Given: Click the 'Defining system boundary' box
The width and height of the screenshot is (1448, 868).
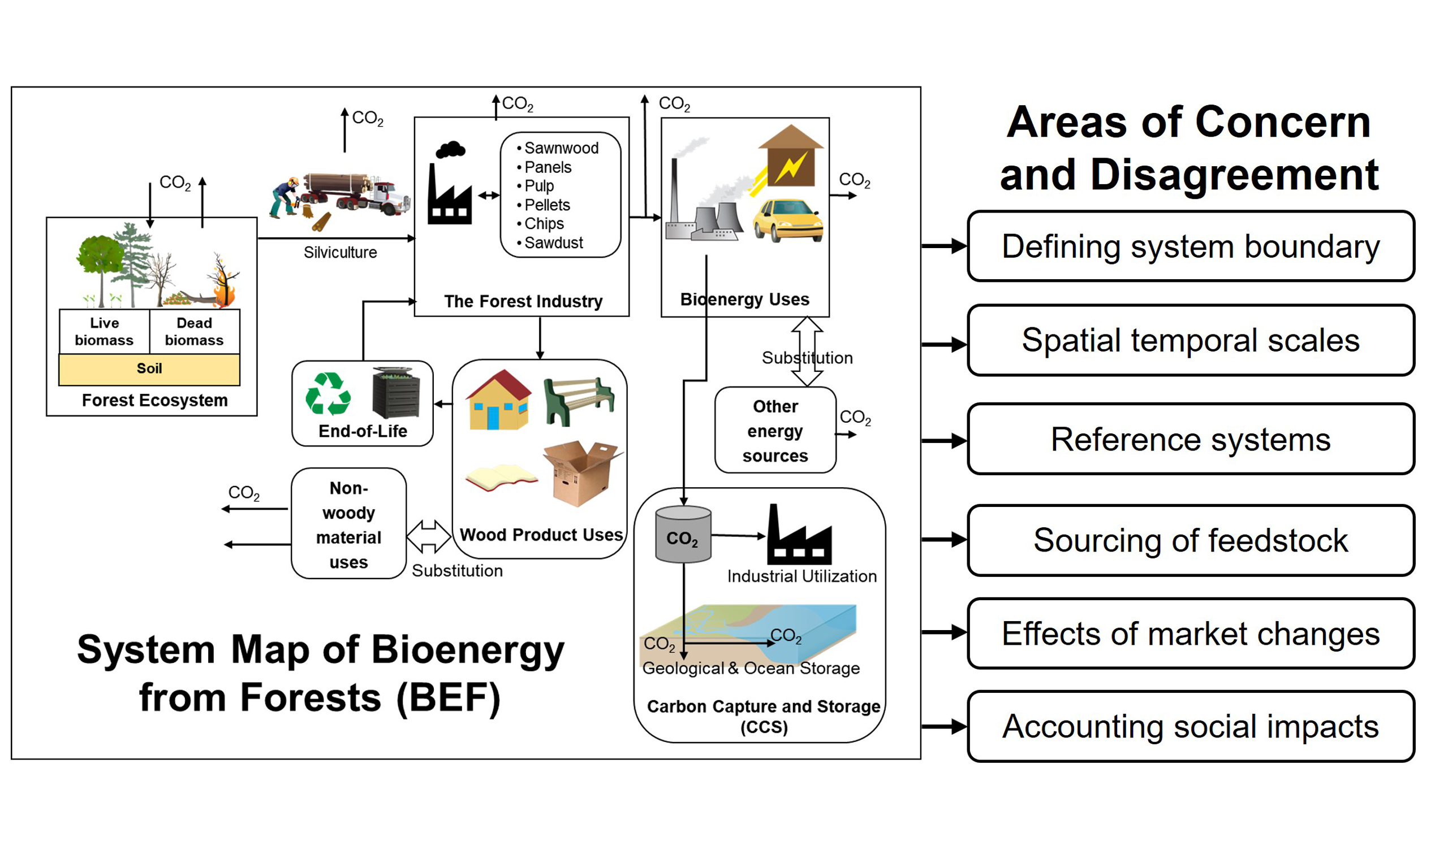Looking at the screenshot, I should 1190,246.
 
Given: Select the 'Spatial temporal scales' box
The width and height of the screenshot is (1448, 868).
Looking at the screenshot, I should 1190,340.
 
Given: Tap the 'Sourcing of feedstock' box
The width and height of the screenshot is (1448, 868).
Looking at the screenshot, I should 1190,540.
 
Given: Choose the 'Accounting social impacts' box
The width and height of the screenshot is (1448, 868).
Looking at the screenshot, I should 1190,727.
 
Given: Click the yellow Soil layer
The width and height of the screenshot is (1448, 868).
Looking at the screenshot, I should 149,369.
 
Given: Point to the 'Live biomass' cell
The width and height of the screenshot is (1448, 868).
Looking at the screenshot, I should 104,332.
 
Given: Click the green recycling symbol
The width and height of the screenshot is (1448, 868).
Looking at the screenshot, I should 329,394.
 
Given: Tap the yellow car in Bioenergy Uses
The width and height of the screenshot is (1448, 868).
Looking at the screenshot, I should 788,220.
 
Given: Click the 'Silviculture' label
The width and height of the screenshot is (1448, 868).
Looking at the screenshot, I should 340,253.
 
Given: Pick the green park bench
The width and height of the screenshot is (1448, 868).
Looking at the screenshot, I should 579,401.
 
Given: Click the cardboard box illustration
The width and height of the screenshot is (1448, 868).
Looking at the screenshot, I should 582,472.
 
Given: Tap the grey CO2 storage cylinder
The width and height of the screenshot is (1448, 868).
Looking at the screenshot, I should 683,535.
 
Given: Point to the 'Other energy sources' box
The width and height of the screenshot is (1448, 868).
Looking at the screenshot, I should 775,431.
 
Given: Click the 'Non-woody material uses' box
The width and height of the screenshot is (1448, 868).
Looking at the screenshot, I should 348,524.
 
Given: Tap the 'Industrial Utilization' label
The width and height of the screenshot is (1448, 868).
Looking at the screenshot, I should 801,577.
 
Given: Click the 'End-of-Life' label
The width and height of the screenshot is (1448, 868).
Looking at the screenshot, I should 363,432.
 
